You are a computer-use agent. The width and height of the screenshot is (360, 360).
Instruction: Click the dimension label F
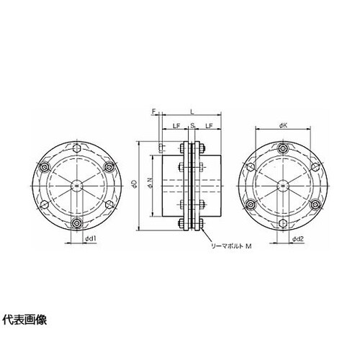coord(154,111)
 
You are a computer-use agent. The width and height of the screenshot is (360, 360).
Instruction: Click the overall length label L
coord(192,112)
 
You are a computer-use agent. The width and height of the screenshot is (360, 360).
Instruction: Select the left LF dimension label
coord(176,126)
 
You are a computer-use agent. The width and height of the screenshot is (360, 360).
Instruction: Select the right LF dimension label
coord(210,126)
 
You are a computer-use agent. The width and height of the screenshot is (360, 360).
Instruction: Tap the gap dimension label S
coord(192,125)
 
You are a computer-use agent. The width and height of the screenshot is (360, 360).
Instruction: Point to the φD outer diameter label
coord(135,185)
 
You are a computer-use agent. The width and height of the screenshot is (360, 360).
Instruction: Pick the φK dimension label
coord(283,125)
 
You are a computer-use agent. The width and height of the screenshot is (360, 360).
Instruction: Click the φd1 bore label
coord(91,238)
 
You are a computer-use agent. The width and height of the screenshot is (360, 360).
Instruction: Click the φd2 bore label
coord(298,238)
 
